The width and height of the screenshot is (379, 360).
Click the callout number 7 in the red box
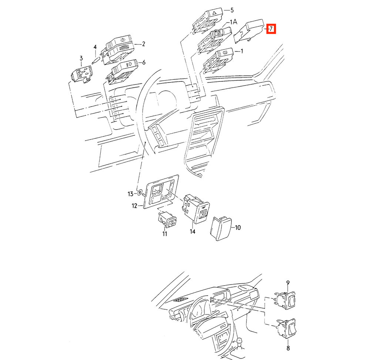[x=271, y=29]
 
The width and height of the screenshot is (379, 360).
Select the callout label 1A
[x=233, y=22]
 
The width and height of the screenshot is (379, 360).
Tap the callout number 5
[x=232, y=10]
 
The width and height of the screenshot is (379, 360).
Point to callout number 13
[x=131, y=194]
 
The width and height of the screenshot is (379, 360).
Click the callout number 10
[x=238, y=228]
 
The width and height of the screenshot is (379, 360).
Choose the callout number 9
[x=288, y=283]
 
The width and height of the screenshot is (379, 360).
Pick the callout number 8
[x=288, y=348]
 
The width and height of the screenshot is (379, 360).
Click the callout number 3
[x=81, y=58]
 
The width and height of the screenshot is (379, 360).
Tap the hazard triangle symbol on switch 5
[x=214, y=13]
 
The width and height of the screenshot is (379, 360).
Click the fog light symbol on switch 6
[x=130, y=64]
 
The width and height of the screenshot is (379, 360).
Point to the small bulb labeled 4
[x=96, y=60]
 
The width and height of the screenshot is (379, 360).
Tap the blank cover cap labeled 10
[x=221, y=229]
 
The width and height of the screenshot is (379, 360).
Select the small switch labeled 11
[x=167, y=219]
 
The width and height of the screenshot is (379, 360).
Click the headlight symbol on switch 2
[x=123, y=40]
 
